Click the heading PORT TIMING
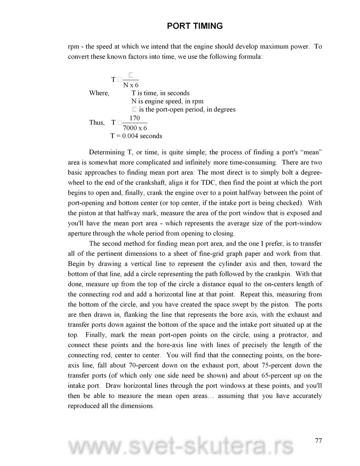[195, 26]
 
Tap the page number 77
[318, 440]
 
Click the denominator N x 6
[131, 85]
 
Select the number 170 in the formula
[134, 118]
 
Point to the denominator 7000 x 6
[135, 128]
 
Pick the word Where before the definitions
[99, 93]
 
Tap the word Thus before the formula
[97, 123]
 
